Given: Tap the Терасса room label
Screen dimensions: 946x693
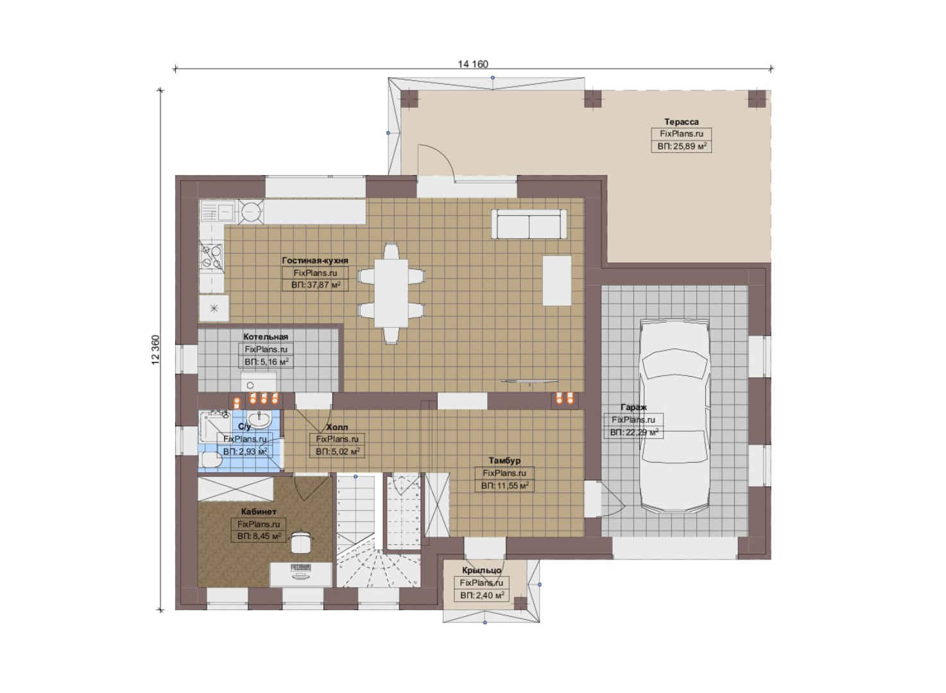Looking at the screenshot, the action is point(681,122).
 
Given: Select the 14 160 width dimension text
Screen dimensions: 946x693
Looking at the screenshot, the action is point(473,64).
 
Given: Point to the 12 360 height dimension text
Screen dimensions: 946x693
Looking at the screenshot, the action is point(155,350).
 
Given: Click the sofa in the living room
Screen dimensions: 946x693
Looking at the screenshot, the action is point(529,224).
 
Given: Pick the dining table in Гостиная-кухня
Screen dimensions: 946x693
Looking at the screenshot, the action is point(391,293).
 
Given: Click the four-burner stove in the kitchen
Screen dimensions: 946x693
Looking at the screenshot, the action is point(211,257).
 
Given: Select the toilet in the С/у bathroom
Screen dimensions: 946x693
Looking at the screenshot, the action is point(211,459).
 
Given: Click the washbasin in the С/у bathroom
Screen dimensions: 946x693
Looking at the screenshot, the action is point(259,420).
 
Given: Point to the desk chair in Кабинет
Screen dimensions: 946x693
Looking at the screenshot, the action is point(301,542).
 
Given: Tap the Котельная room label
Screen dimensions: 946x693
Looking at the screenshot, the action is point(266,337).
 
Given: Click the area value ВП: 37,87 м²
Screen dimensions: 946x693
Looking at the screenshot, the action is point(316,285).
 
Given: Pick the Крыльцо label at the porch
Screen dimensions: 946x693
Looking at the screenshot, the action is point(481,570).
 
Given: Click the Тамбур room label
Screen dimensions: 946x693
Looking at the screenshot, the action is point(504,460).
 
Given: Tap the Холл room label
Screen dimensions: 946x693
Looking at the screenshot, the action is point(337,427).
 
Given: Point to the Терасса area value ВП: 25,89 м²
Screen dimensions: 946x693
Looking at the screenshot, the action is point(682,146).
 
